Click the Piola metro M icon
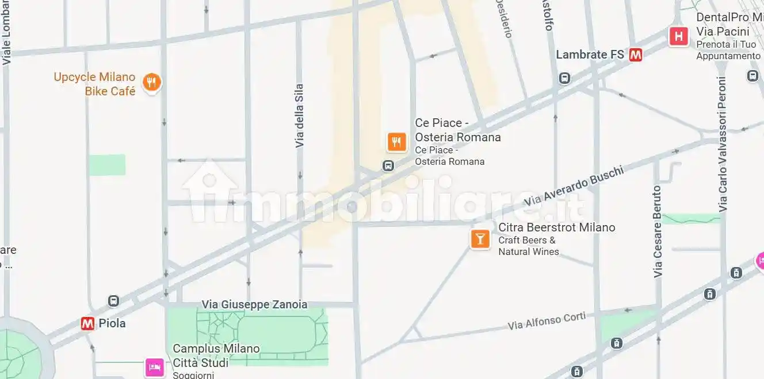tap(87, 323)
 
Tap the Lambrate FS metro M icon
tap(636, 55)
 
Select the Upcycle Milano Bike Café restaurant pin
tap(151, 83)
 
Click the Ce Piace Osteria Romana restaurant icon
tap(396, 141)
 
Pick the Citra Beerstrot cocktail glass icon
tap(480, 238)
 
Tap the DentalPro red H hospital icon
tap(679, 37)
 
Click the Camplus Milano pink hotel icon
tap(154, 366)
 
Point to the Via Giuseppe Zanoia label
tap(254, 304)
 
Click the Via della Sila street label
tap(299, 115)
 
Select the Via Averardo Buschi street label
tap(574, 185)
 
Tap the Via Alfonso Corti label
tap(547, 320)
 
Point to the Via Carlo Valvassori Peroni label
tap(723, 144)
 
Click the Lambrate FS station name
tap(590, 55)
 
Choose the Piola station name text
tap(112, 323)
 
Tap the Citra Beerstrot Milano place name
tap(556, 227)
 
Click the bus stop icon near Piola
tap(113, 301)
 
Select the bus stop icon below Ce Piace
tap(388, 166)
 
